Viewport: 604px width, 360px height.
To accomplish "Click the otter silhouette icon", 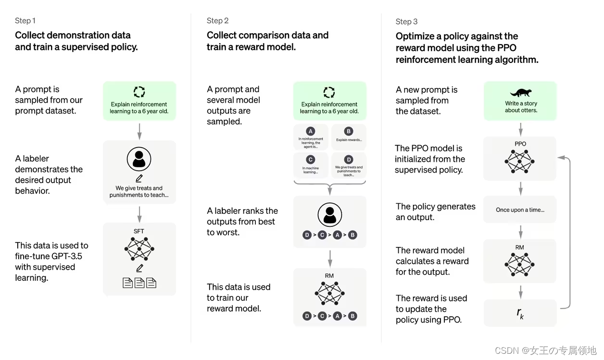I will (x=520, y=93).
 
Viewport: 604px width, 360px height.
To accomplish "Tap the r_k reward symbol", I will (x=520, y=313).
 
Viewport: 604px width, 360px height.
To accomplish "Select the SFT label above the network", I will (x=139, y=231).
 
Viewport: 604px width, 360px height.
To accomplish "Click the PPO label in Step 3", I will (x=520, y=144).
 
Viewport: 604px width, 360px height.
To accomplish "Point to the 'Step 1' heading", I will (x=25, y=21).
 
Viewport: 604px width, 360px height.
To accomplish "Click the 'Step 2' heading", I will (x=217, y=21).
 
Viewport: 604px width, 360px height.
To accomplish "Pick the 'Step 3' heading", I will (x=406, y=22).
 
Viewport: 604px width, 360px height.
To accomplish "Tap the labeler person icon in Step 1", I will (x=139, y=159).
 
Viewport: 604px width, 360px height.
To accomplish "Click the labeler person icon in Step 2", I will (x=329, y=214).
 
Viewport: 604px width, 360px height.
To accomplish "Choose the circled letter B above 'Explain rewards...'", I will (x=349, y=131).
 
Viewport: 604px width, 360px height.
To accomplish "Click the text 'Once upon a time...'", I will (x=520, y=210).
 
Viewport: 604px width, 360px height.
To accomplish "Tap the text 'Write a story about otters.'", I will (x=521, y=107).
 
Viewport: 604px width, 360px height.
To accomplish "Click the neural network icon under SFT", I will (x=139, y=248).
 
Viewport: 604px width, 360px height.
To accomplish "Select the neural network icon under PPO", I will (x=520, y=161).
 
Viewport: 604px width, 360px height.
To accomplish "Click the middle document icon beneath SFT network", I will (x=139, y=283).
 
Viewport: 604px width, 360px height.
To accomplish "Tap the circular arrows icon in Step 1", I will (x=139, y=92).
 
